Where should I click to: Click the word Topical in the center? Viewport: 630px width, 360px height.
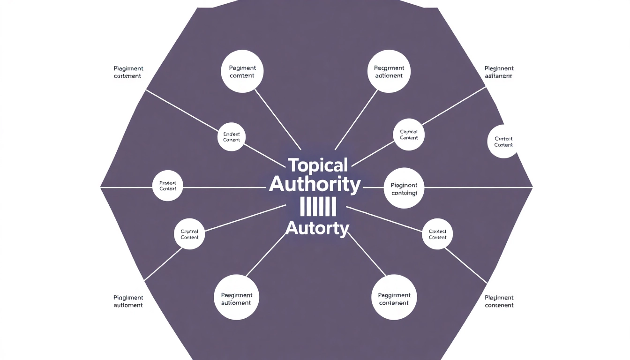[317, 165]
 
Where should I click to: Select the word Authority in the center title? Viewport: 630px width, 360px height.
[315, 185]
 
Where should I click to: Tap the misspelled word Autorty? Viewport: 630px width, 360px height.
[317, 228]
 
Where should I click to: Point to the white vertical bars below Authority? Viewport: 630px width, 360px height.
[317, 207]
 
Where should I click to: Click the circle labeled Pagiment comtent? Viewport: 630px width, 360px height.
[242, 72]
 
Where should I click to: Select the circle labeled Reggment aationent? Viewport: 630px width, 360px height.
[389, 72]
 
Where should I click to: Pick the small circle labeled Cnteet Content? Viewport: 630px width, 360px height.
[232, 137]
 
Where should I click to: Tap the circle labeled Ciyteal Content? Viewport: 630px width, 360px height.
[409, 135]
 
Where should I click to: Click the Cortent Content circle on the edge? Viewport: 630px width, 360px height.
[503, 142]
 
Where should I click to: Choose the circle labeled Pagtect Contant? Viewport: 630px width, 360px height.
[168, 186]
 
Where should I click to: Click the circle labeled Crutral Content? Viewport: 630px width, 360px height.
[189, 234]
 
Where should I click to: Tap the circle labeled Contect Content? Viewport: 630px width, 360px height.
[437, 234]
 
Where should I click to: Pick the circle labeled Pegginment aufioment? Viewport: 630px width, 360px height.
[236, 299]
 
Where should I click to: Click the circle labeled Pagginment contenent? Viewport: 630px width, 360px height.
[394, 299]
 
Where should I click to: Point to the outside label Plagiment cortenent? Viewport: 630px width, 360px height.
[128, 72]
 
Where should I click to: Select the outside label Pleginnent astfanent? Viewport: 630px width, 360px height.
[499, 72]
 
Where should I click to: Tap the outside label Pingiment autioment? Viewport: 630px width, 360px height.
[128, 301]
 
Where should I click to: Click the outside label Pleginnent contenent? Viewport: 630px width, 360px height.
[499, 301]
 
